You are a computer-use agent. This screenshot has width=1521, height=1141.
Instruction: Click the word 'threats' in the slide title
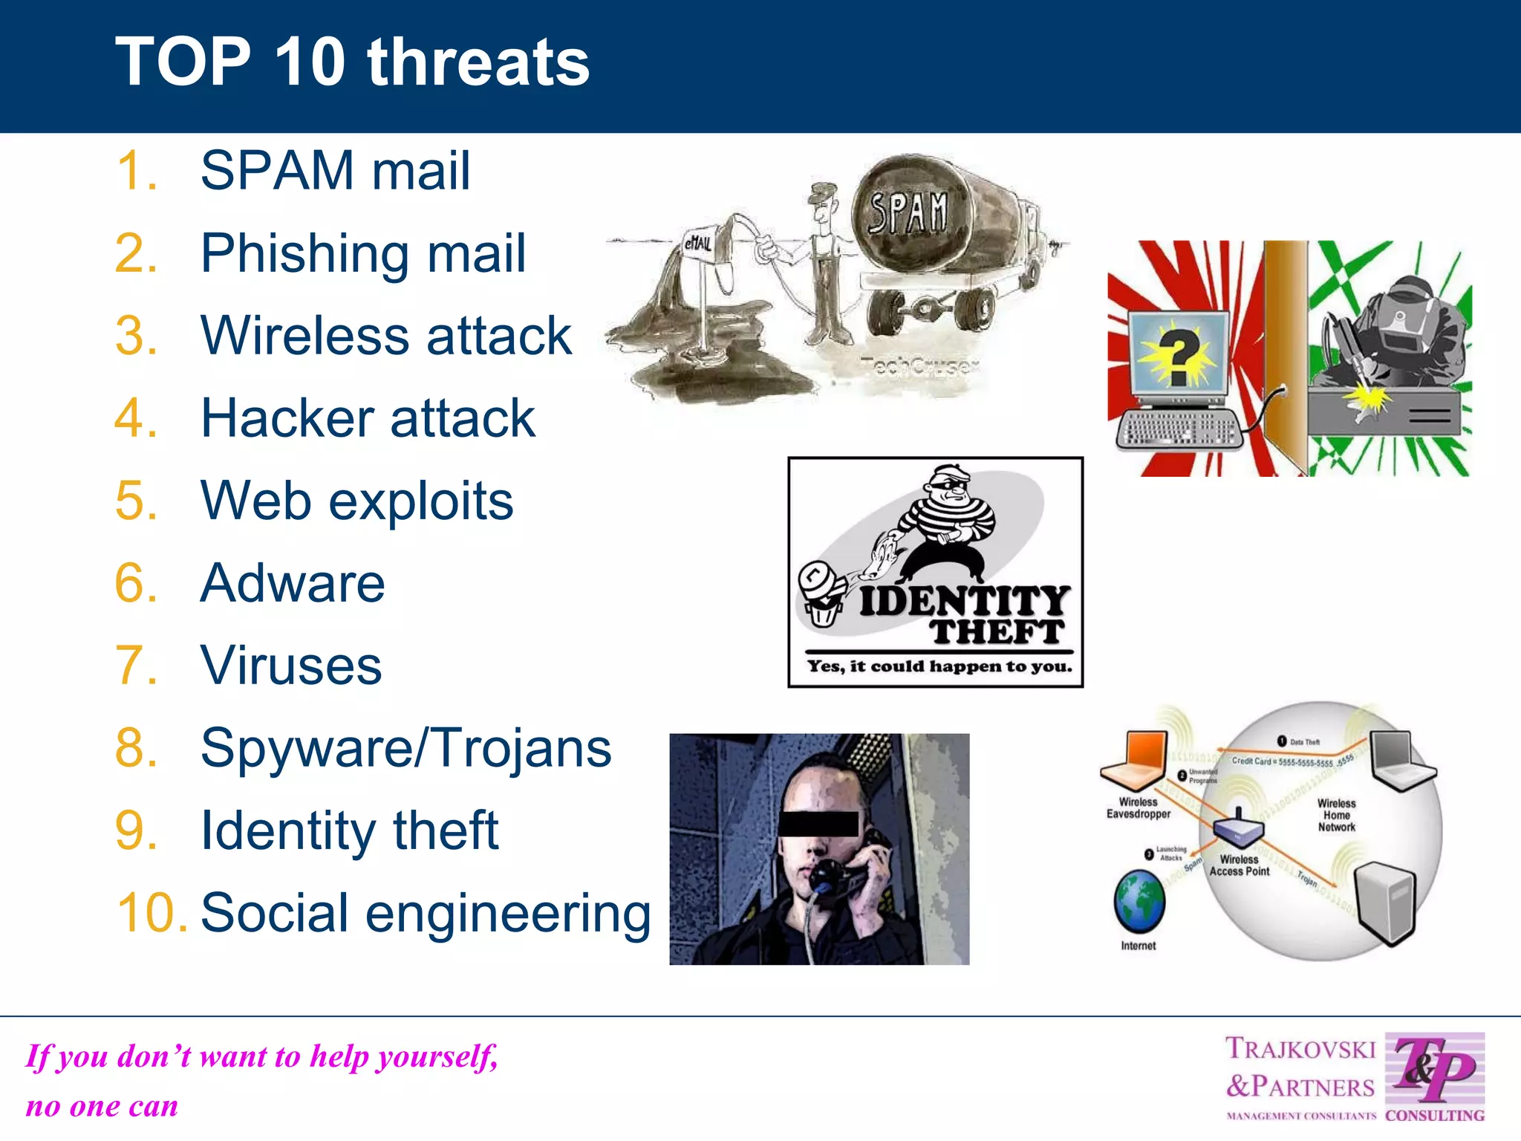pyautogui.click(x=478, y=62)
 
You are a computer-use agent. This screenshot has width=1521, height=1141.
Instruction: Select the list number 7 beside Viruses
pyautogui.click(x=135, y=665)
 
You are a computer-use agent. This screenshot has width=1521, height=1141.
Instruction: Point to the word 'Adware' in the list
pyautogui.click(x=293, y=583)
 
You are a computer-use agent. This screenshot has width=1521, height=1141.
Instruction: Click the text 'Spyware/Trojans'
pyautogui.click(x=406, y=748)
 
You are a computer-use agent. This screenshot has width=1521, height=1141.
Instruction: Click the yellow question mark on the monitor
pyautogui.click(x=1179, y=357)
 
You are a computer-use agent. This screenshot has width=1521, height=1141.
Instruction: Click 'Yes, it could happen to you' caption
pyautogui.click(x=939, y=666)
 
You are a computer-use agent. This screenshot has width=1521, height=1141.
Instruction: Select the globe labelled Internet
pyautogui.click(x=1139, y=901)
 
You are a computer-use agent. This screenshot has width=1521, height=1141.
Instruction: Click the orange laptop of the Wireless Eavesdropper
pyautogui.click(x=1134, y=760)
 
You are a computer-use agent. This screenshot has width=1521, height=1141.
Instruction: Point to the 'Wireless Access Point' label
pyautogui.click(x=1239, y=865)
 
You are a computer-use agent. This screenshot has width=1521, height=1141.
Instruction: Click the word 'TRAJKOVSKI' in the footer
pyautogui.click(x=1300, y=1049)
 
